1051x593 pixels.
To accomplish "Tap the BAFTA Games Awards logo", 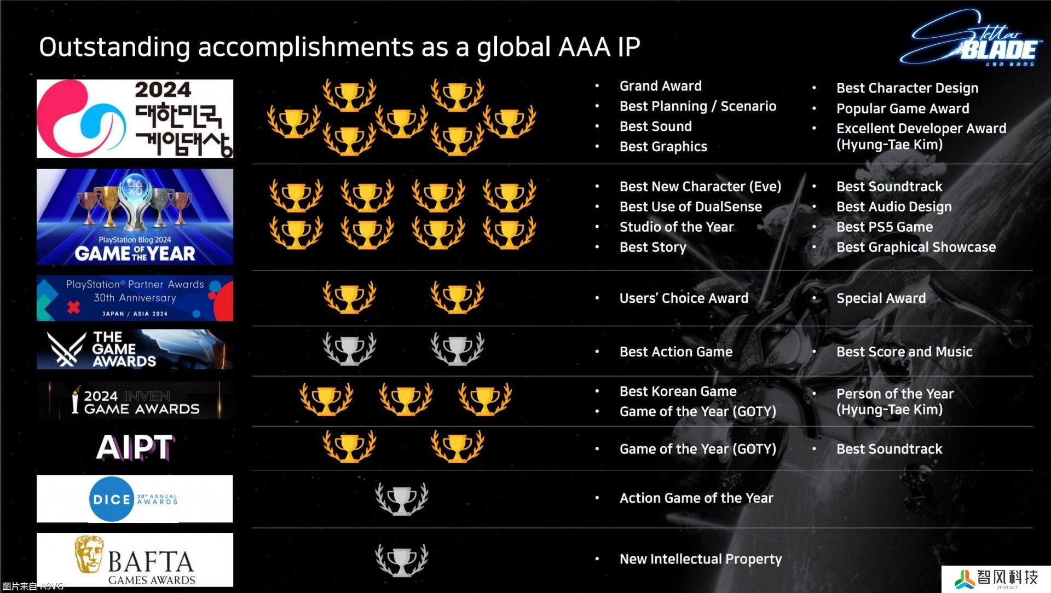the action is point(135,560).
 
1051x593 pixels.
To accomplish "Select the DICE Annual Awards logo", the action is point(135,499).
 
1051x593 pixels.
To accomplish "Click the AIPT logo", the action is point(135,448).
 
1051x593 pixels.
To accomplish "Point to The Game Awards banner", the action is point(135,349).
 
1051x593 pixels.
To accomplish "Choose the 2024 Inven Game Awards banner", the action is point(135,401).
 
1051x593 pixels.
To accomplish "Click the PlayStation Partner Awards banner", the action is point(135,298).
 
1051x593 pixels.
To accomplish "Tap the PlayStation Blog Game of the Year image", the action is point(135,217).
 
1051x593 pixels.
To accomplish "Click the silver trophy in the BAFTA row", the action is point(402,560).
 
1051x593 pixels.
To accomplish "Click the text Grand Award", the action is point(660,86).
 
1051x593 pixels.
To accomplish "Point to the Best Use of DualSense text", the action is point(691,206).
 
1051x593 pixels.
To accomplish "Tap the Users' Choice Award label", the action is point(684,298).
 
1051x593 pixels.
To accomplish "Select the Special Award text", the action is point(881,298).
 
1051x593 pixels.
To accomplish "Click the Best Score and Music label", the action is point(904,352).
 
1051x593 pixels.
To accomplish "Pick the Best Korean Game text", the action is point(678,392).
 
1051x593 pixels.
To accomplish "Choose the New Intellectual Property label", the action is point(701,559).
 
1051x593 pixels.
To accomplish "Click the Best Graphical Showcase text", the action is point(916,247).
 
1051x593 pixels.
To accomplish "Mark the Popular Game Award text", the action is point(903,108).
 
